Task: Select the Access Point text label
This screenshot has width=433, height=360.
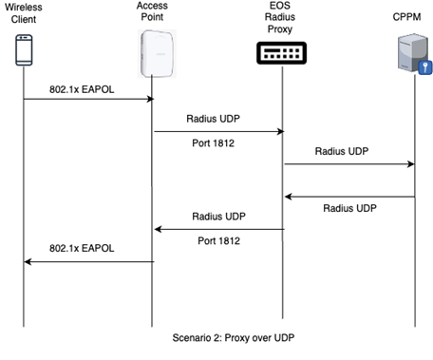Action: click(x=153, y=14)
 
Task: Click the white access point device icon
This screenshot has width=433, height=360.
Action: click(x=153, y=52)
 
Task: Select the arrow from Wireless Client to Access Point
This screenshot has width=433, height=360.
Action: click(x=88, y=99)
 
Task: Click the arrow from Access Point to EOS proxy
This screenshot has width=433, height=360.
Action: click(x=218, y=132)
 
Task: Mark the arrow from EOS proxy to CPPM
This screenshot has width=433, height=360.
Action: click(x=348, y=163)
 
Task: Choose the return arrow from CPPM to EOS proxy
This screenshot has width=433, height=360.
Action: click(x=348, y=197)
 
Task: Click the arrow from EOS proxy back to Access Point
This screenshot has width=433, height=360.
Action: click(x=218, y=229)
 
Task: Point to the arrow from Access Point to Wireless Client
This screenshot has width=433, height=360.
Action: click(x=88, y=261)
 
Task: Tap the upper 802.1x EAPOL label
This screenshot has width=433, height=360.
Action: click(x=85, y=88)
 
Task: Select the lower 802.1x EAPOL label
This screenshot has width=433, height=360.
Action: click(x=85, y=249)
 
